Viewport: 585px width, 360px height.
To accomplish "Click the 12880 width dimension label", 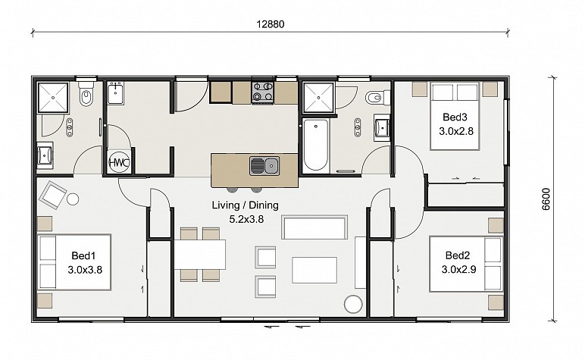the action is pos(271,24).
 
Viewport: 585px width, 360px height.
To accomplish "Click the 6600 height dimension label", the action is pos(546,199).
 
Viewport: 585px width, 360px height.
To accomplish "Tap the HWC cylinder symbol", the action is pos(119,163).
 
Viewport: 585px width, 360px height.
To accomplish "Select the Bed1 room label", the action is pos(83,255).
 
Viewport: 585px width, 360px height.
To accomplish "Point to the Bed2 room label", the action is pos(458,255).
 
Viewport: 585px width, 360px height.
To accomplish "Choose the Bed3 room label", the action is pos(455,117).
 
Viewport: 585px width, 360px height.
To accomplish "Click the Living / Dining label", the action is pos(245,205).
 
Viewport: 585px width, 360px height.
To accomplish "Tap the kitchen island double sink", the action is pos(264,166).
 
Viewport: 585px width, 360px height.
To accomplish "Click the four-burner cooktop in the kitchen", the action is pos(263,92).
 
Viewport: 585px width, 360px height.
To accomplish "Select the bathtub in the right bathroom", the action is pos(316,146).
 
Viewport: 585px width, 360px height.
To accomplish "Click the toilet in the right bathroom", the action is pos(377,98).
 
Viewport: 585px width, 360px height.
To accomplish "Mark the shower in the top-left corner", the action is pos(53,98).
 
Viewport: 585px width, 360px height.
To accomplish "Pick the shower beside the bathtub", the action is pos(318,98).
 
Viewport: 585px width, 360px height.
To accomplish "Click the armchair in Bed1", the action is pos(52,194).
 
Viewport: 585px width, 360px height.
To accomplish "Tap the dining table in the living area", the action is pos(199,255).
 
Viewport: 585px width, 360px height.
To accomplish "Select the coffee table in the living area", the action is pos(314,270).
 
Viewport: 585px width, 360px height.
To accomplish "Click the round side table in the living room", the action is pos(353,305).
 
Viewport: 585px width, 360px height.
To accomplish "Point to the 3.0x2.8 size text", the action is pos(456,131).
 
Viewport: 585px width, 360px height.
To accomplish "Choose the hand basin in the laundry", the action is pos(115,94).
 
